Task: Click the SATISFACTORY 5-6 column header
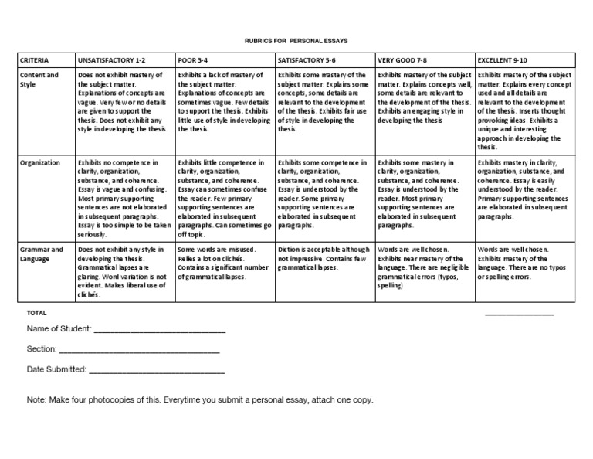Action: pos(307,59)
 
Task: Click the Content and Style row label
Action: pos(40,80)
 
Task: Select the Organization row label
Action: pos(41,163)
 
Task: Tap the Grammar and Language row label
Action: pos(42,254)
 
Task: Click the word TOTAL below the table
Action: pos(37,313)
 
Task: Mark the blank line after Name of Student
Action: pos(158,331)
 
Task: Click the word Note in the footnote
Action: pos(36,400)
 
